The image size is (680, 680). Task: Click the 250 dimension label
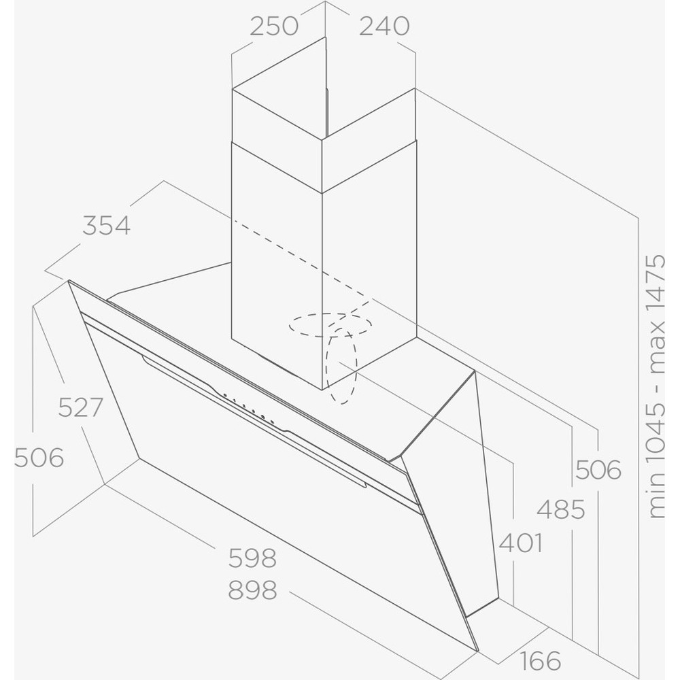[274, 26]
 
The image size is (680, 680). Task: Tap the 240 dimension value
[384, 26]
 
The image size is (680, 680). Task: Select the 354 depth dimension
[106, 226]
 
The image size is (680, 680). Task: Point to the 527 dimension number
[81, 407]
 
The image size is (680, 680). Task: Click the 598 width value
[252, 558]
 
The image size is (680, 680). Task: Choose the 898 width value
[252, 590]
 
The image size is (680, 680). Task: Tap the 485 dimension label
[561, 509]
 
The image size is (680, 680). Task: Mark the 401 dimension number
[521, 543]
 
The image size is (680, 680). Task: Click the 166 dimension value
[541, 660]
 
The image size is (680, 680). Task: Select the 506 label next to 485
[598, 470]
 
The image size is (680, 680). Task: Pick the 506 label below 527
[39, 458]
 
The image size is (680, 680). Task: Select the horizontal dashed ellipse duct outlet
[330, 314]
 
